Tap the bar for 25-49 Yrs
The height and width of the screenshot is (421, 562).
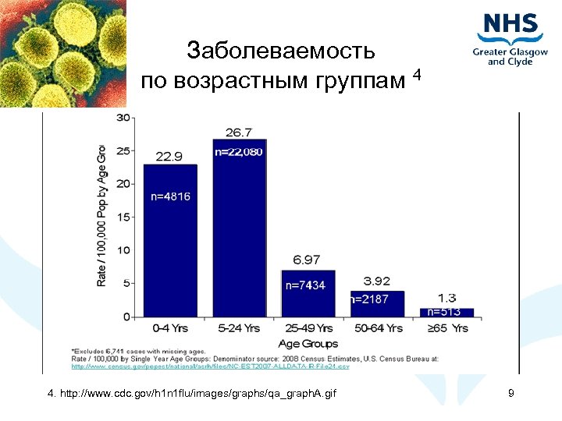tap(308, 294)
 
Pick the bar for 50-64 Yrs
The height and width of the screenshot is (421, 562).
tap(376, 304)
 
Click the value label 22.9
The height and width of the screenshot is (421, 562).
tap(169, 156)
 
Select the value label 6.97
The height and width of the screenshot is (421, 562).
tap(307, 259)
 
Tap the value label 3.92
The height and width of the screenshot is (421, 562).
tap(376, 280)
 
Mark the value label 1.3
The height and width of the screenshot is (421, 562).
tap(448, 297)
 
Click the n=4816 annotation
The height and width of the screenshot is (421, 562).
tap(170, 196)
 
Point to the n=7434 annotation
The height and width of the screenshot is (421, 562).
tap(305, 285)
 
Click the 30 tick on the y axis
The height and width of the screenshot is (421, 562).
tap(123, 118)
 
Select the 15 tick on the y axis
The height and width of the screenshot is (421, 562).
tap(123, 218)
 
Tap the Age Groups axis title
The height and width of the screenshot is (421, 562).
tap(308, 344)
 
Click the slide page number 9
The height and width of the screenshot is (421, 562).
tap(510, 394)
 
